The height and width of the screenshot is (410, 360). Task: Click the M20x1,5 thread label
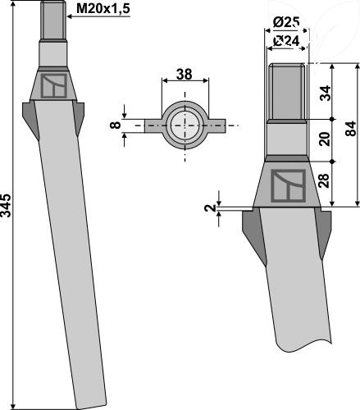[103, 9]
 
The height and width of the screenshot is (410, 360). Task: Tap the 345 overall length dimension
[6, 206]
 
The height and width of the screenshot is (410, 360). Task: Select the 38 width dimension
[185, 75]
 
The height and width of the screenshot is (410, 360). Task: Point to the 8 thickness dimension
[116, 125]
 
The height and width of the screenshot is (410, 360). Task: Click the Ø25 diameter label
[286, 22]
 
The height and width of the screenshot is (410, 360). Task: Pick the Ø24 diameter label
[286, 42]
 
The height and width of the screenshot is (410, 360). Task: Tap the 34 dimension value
[325, 93]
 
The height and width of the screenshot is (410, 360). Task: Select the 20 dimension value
[325, 139]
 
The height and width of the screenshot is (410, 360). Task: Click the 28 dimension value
[325, 180]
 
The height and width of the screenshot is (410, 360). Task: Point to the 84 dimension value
[351, 129]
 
